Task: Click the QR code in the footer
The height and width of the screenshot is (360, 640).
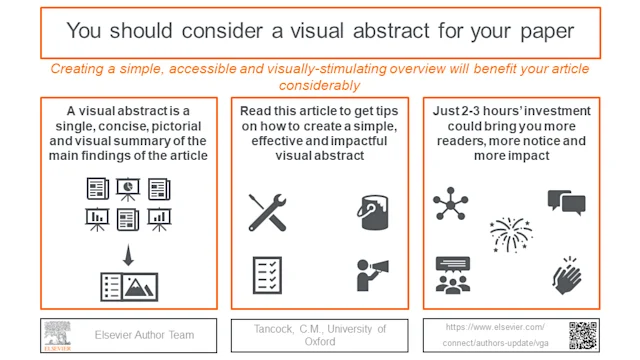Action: [x=583, y=335]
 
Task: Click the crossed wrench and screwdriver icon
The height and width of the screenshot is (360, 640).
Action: [x=268, y=211]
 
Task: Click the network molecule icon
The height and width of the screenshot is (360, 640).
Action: [x=450, y=204]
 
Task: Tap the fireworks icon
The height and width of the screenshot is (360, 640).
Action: [x=511, y=236]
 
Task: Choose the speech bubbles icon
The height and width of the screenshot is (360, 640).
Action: [x=566, y=203]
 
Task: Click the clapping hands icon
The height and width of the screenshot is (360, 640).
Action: [x=567, y=272]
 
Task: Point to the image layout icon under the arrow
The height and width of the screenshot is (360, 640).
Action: [x=129, y=286]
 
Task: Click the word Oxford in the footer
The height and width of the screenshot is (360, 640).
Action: [x=319, y=341]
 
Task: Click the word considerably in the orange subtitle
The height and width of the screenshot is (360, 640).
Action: [x=319, y=85]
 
